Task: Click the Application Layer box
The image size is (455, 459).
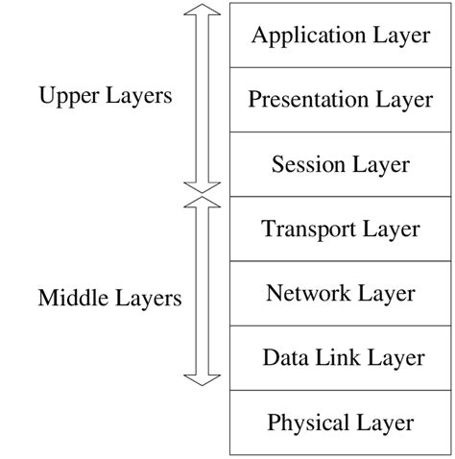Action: click(x=340, y=36)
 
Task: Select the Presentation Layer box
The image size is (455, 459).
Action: click(x=340, y=100)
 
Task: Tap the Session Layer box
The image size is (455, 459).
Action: click(x=340, y=164)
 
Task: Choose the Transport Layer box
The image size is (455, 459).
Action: click(x=340, y=229)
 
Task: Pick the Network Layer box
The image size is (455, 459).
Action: click(x=340, y=293)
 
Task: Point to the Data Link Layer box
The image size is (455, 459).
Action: click(x=340, y=357)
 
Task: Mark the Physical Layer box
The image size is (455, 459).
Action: click(x=340, y=422)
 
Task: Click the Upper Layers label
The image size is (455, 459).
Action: click(x=105, y=96)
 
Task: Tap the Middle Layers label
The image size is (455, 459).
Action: click(x=109, y=298)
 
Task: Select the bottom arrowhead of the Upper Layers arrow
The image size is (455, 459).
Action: click(x=203, y=188)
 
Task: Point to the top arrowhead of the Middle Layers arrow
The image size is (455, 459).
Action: click(x=203, y=204)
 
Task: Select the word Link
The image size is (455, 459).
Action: click(x=343, y=357)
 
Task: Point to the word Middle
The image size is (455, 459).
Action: click(x=71, y=298)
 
